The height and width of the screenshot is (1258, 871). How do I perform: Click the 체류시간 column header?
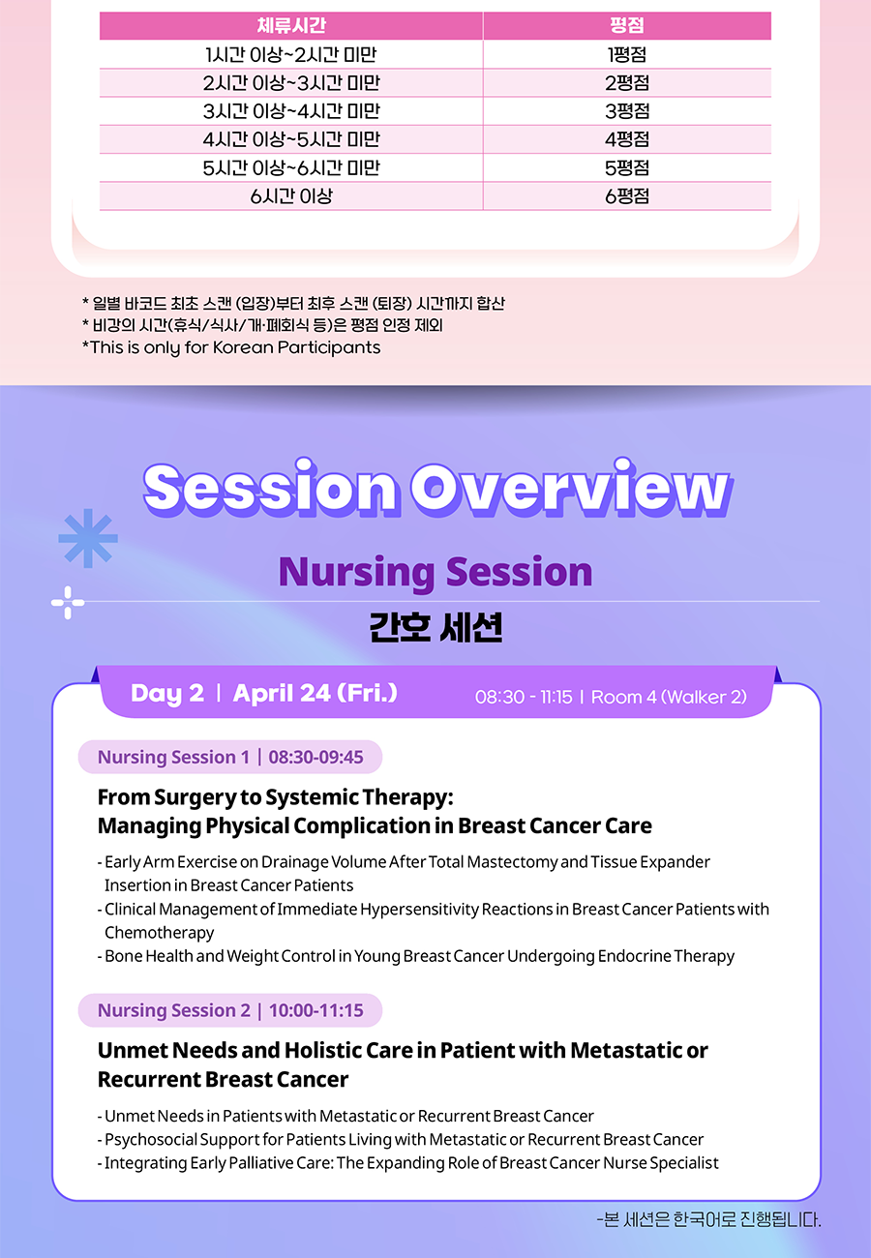[291, 25]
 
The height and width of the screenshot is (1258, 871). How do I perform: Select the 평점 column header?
[627, 25]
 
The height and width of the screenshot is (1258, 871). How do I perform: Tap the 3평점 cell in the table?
[627, 111]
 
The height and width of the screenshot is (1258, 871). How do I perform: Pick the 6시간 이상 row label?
[291, 196]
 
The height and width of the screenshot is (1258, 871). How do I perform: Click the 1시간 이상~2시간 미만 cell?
[291, 54]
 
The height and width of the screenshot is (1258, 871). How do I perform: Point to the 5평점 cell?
[627, 167]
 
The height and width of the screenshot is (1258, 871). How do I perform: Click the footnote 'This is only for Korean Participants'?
[231, 347]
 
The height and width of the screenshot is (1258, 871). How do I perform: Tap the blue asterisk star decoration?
[88, 538]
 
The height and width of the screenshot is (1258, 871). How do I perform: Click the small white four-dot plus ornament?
[68, 603]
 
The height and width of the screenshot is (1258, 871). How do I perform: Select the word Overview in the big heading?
[571, 488]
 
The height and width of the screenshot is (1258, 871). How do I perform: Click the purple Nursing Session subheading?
[435, 572]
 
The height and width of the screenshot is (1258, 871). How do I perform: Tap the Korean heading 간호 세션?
[435, 627]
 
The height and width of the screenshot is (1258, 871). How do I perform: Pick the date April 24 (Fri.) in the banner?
[315, 693]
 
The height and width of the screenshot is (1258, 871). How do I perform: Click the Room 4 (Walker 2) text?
[669, 697]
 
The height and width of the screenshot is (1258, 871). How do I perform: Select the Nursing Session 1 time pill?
[230, 757]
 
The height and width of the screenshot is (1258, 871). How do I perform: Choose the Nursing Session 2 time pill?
[230, 1010]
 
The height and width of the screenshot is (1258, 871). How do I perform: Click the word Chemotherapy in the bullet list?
[159, 933]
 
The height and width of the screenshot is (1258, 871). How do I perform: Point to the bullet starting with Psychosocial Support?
[401, 1140]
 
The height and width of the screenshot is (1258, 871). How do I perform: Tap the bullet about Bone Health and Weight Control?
[416, 956]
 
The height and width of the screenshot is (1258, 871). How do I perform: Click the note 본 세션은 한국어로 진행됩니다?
[708, 1220]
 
